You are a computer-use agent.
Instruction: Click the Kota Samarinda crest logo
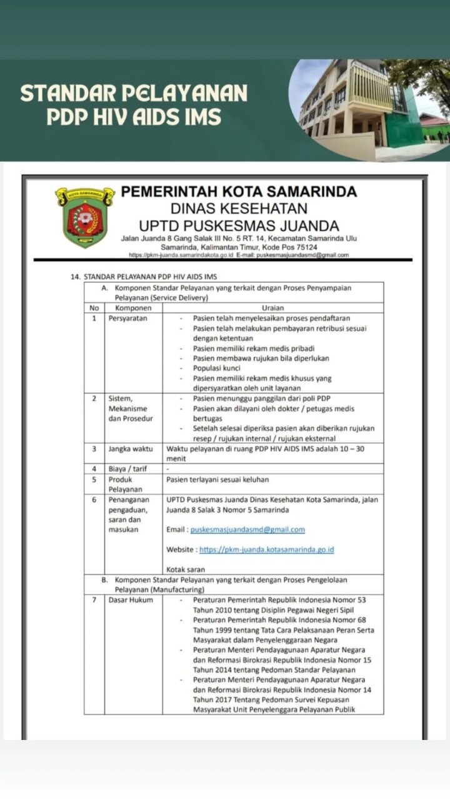[85, 217]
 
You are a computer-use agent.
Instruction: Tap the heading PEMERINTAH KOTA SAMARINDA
[239, 192]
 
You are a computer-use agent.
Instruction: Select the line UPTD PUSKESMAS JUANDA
[239, 225]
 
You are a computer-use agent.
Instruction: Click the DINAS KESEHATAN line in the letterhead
[239, 209]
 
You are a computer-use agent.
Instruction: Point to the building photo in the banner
[369, 109]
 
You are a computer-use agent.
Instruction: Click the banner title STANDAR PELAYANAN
[134, 94]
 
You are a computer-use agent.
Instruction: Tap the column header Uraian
[273, 308]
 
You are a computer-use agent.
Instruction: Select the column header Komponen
[134, 308]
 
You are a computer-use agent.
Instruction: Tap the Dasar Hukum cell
[130, 600]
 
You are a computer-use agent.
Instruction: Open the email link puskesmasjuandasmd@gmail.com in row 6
[247, 530]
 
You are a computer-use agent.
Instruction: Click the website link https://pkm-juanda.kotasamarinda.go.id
[267, 550]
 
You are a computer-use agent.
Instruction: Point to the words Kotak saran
[186, 570]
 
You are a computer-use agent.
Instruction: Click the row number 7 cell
[94, 600]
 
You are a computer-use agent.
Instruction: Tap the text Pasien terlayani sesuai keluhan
[217, 479]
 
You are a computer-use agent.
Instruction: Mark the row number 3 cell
[94, 448]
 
